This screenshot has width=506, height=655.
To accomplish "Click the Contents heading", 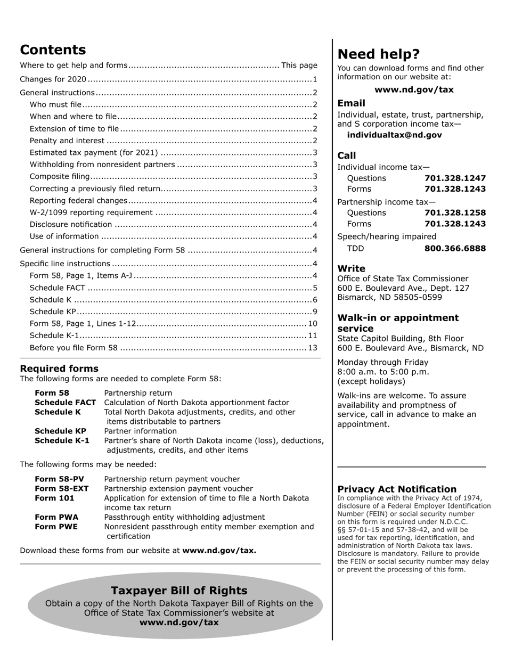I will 53,50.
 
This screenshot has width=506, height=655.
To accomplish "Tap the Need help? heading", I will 378,54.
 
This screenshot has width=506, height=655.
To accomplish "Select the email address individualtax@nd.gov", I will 394,135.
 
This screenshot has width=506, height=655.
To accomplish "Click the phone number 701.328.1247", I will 455,178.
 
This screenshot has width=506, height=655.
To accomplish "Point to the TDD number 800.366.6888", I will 455,249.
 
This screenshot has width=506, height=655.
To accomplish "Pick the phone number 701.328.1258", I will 455,213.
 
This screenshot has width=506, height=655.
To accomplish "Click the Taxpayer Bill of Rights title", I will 179,591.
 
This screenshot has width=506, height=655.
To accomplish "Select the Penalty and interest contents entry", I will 67,141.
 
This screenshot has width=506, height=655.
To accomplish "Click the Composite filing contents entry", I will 60,177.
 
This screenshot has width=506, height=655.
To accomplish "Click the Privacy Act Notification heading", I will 397,489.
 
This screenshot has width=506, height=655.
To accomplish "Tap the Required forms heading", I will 59,369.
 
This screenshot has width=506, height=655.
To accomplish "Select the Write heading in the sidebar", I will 351,268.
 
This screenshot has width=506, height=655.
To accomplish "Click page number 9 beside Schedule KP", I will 315,312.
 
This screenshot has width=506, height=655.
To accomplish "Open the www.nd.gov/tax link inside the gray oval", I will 179,623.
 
